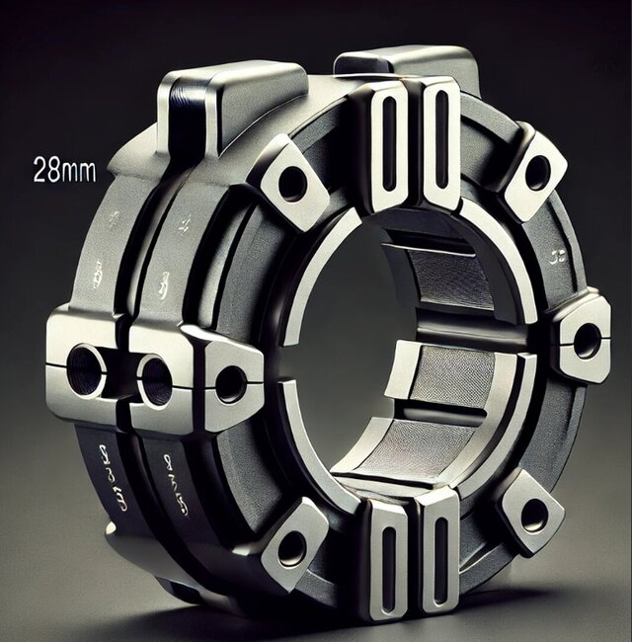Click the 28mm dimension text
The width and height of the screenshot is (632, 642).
click(64, 170)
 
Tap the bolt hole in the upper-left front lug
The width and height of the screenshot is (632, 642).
click(293, 183)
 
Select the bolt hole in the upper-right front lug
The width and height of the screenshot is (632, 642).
click(537, 174)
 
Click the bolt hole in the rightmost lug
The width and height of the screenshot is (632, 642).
click(587, 340)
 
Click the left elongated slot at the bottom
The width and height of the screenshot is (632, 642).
click(388, 561)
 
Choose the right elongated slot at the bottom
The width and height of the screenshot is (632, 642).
click(434, 559)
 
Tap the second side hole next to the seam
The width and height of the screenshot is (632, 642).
click(155, 378)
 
